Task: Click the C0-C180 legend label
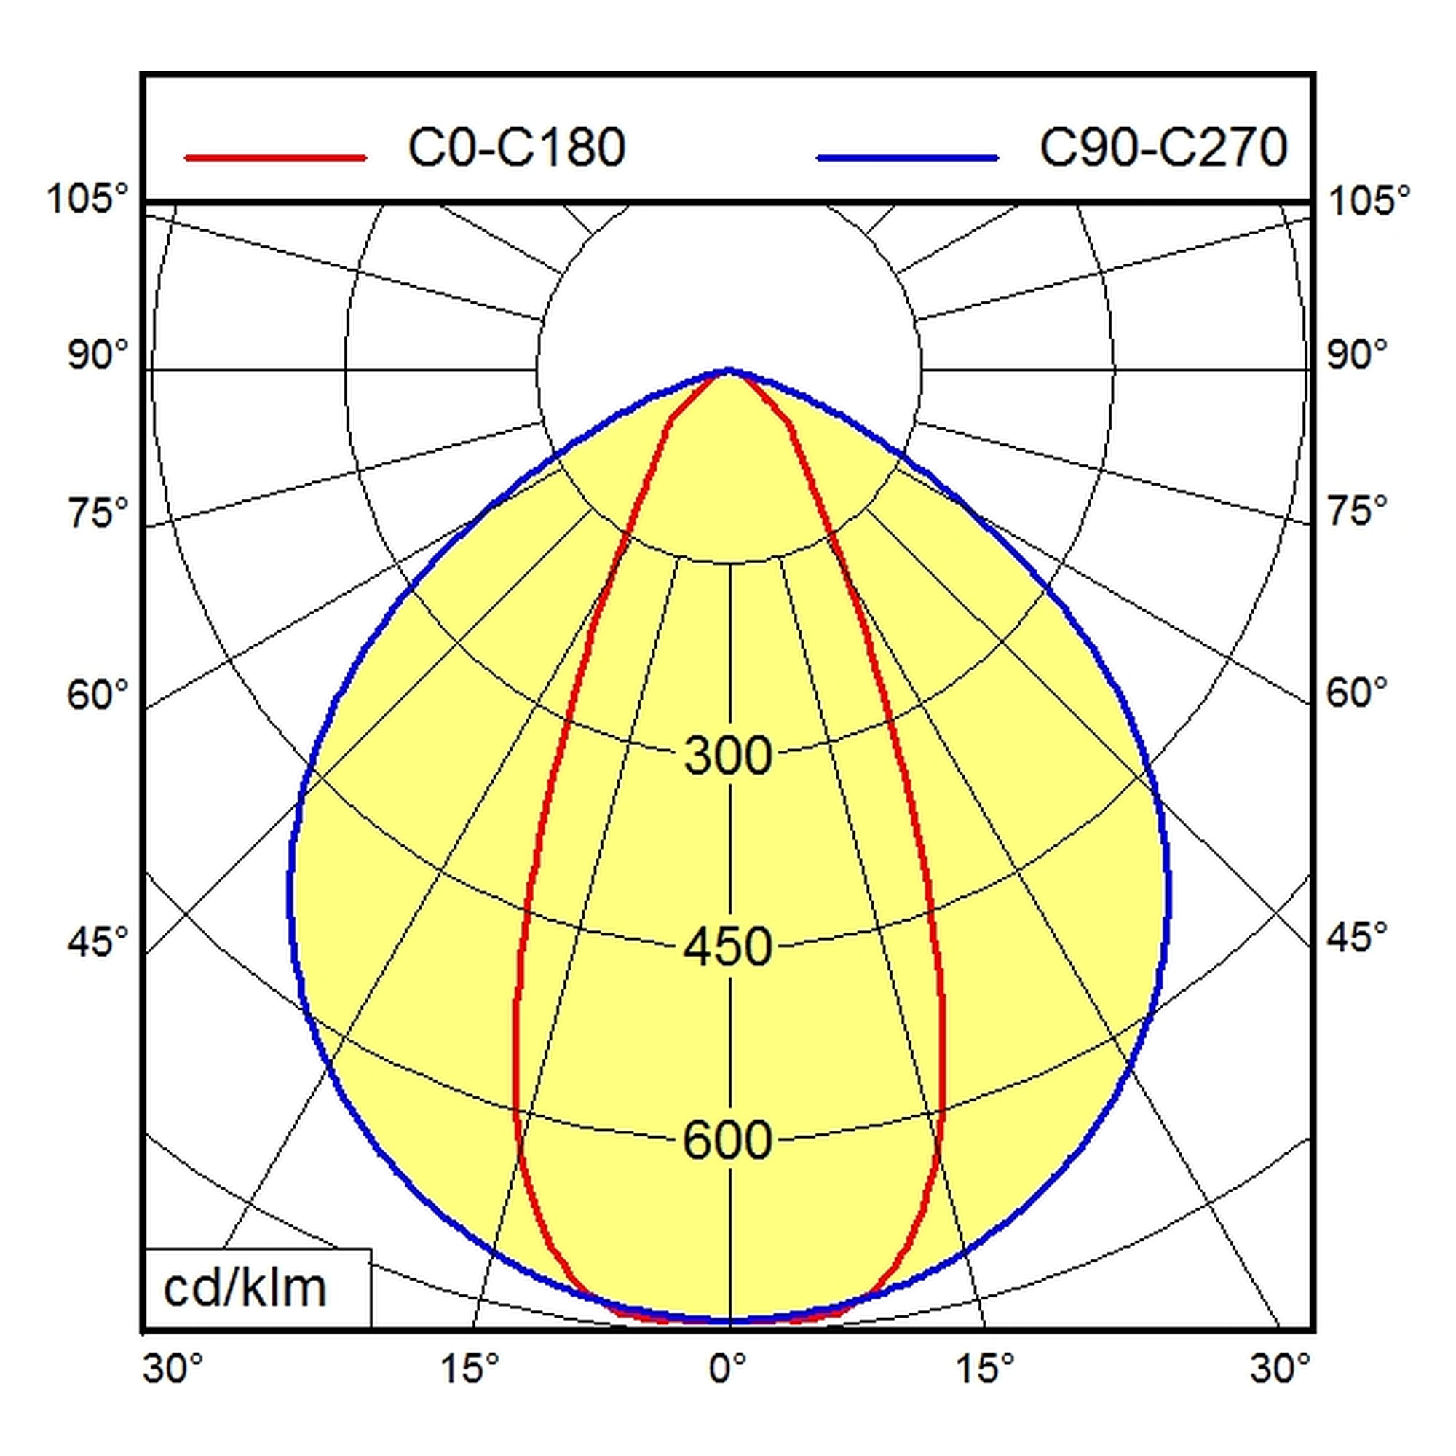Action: click(517, 148)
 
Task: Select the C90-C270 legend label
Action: click(1163, 148)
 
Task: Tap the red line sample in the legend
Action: click(276, 157)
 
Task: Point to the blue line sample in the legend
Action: click(907, 157)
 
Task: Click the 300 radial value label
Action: click(728, 755)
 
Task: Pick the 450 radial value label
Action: click(728, 946)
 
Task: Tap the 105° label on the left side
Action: click(88, 199)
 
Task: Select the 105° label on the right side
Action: click(1369, 202)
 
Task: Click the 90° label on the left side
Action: click(99, 355)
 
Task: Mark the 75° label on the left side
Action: click(99, 512)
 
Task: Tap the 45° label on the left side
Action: click(99, 941)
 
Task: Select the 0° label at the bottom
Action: click(728, 1368)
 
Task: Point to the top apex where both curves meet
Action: click(728, 370)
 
